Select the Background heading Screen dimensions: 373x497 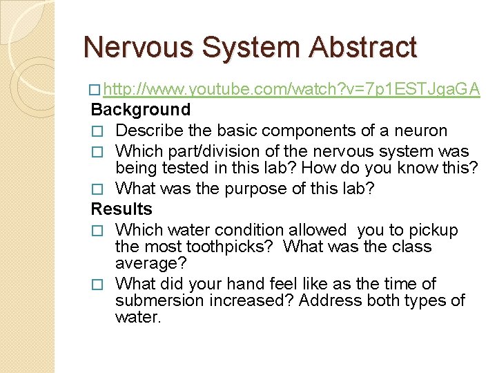pyautogui.click(x=141, y=109)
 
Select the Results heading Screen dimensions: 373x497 pyautogui.click(x=121, y=209)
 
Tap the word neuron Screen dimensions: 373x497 pyautogui.click(x=420, y=131)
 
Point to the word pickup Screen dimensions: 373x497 pyautogui.click(x=432, y=230)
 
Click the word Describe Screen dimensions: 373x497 pyautogui.click(x=150, y=131)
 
